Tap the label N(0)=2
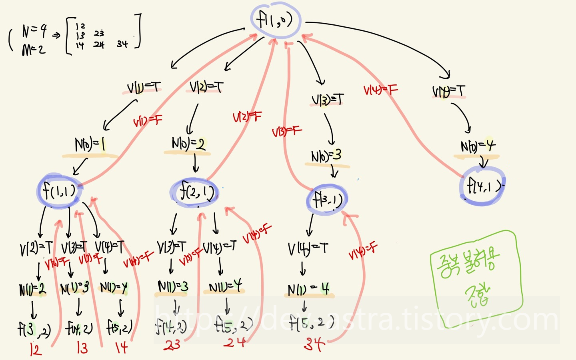point(188,143)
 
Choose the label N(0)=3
point(326,156)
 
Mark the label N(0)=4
point(478,146)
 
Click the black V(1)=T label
point(144,87)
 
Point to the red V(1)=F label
point(148,120)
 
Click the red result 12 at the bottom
point(36,350)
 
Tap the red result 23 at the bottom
point(172,345)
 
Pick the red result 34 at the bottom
point(314,344)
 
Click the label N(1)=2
point(32,289)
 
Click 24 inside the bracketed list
point(99,44)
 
